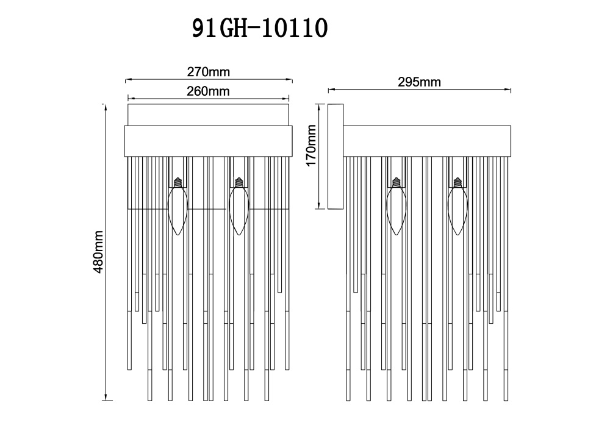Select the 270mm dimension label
(x=208, y=72)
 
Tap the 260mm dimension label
(x=208, y=91)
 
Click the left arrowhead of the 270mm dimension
(x=127, y=79)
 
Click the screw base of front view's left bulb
(x=178, y=182)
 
